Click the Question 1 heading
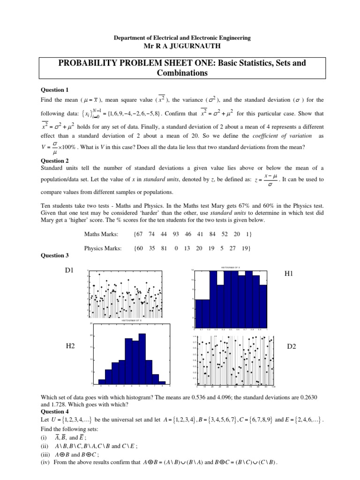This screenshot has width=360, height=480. pos(55,90)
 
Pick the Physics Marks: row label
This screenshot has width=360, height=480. pos(103,248)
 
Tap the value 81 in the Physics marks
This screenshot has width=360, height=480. pos(164,248)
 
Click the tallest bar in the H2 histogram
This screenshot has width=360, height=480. pos(142,359)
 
